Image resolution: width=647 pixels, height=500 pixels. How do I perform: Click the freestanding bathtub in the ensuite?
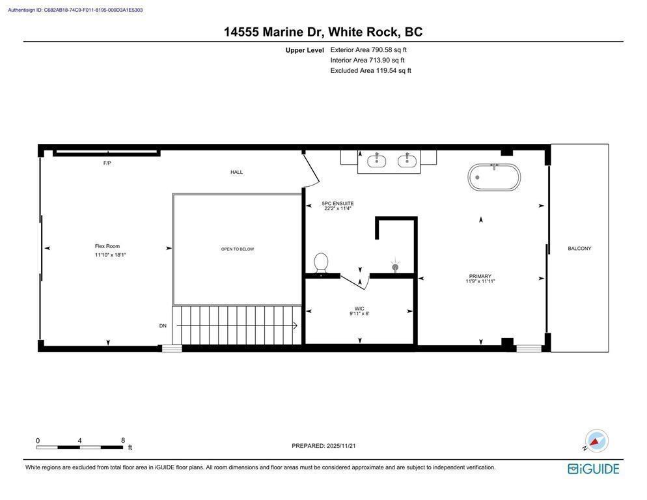(494, 176)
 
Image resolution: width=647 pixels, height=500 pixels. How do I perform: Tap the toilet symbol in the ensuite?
(321, 264)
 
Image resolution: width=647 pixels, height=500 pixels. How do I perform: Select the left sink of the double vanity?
(377, 160)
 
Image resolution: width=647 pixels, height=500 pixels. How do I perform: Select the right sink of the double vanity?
(407, 160)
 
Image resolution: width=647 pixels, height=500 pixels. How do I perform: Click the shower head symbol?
(395, 266)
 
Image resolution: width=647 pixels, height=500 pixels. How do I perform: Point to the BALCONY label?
(579, 248)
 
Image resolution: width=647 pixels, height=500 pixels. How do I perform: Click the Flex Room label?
(107, 246)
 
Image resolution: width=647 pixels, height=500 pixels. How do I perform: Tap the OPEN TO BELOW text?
(238, 249)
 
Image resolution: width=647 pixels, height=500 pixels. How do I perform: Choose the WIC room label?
(359, 309)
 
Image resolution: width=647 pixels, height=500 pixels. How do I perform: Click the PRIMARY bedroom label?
(480, 276)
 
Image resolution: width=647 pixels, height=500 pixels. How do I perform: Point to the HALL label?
(236, 172)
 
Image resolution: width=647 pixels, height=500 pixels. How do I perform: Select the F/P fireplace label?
(107, 163)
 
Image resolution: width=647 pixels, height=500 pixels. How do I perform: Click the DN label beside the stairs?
(163, 326)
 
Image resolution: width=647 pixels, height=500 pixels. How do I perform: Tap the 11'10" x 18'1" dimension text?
(110, 255)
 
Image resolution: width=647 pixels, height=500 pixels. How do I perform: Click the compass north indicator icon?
(596, 441)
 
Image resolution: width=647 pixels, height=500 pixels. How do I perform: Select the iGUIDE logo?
(593, 469)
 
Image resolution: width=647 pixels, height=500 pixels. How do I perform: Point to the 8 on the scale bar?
(123, 441)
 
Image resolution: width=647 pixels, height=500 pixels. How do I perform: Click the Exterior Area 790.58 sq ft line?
(368, 49)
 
